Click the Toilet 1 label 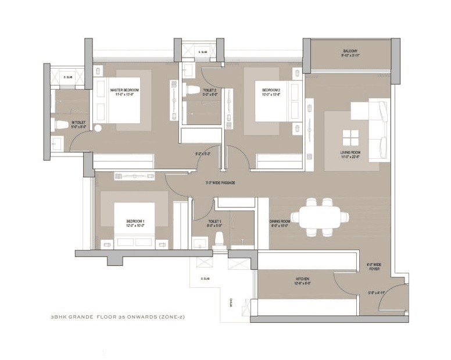tap(215, 223)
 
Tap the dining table tap(320, 217)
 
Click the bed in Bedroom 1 tap(134, 224)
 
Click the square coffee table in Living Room tap(350, 138)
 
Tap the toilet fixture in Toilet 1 tap(220, 238)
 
